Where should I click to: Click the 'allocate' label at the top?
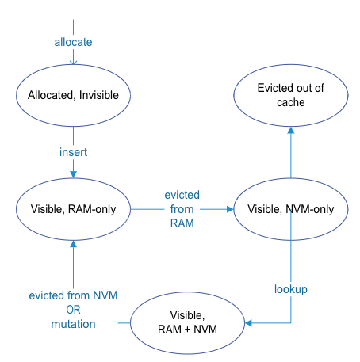(73, 42)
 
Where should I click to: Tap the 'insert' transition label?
(73, 152)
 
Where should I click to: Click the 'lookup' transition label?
(291, 289)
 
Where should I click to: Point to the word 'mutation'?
(73, 324)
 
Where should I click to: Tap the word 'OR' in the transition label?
(73, 310)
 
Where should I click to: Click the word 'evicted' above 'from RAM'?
(182, 195)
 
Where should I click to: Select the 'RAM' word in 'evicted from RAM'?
(182, 223)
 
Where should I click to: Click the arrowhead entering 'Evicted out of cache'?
(291, 130)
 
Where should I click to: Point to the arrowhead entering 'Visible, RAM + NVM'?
(248, 322)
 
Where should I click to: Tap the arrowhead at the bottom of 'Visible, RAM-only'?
(73, 244)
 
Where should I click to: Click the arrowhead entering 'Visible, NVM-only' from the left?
(230, 209)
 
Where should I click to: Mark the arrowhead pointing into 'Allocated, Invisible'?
(73, 63)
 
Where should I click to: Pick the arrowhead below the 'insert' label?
(73, 174)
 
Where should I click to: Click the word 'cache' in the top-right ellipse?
(291, 102)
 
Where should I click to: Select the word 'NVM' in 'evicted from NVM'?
(105, 295)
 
